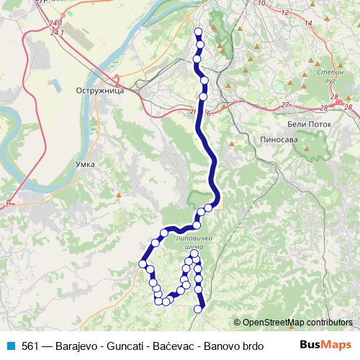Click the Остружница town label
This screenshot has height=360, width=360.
tap(100, 91)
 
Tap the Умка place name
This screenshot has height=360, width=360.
tap(86, 164)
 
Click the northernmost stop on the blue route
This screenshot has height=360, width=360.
tap(198, 31)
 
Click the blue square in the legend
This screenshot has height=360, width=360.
tap(11, 345)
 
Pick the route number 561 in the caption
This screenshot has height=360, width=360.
tap(31, 345)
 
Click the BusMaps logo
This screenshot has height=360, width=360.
tap(325, 345)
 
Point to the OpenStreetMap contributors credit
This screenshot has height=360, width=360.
tap(292, 322)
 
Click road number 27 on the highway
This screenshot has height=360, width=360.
tap(286, 105)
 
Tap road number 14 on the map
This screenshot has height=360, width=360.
tap(308, 24)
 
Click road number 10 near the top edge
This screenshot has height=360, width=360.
tap(261, 4)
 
